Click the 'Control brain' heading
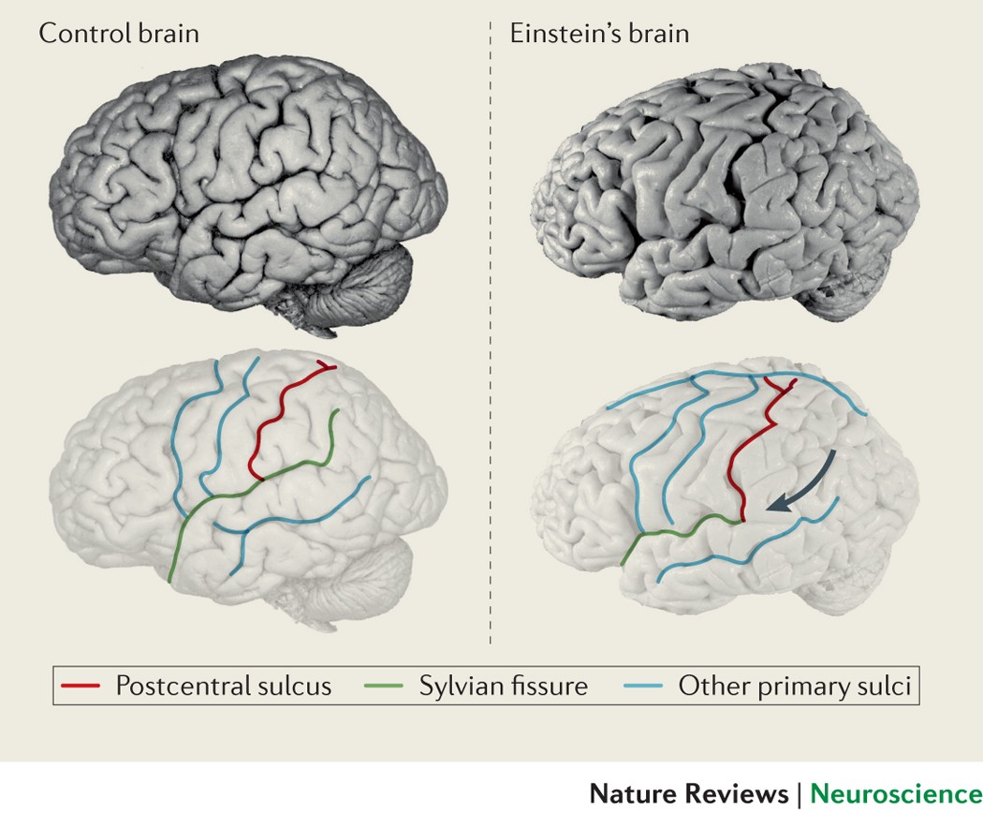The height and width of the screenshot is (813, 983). (119, 34)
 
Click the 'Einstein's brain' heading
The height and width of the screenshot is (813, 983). (599, 34)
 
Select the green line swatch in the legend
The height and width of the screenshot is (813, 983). (384, 686)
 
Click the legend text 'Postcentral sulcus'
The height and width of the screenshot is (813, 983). (224, 686)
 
